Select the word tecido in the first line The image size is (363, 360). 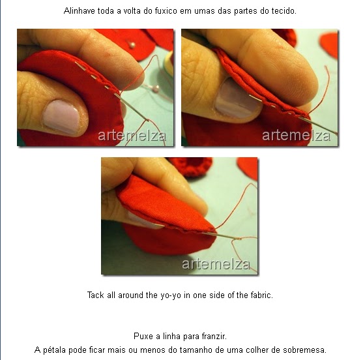click(285, 11)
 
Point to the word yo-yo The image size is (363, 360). click(171, 295)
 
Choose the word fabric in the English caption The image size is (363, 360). click(261, 295)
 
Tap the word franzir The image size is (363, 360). click(214, 336)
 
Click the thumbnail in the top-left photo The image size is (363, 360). click(62, 117)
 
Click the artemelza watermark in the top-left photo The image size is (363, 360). click(132, 136)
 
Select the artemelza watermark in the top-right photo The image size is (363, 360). click(297, 136)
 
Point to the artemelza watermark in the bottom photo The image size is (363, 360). click(216, 264)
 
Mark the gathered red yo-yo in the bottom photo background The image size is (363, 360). click(192, 166)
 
